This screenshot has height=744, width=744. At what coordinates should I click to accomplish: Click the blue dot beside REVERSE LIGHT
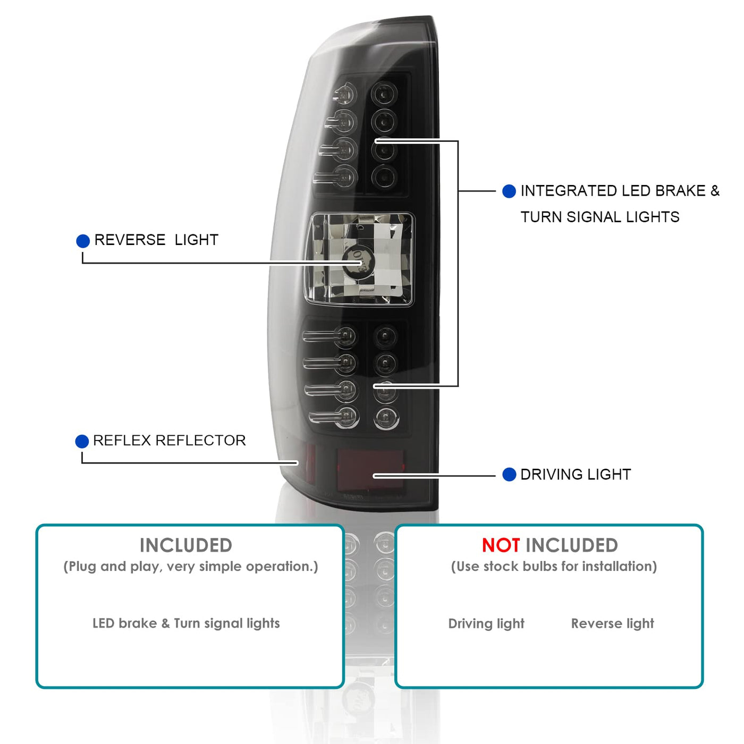point(83,241)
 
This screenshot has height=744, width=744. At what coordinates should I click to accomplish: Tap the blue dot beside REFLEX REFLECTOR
point(82,442)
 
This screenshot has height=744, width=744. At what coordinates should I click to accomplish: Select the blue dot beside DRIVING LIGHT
point(509,475)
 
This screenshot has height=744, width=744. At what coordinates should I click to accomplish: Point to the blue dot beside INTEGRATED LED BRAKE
point(509,191)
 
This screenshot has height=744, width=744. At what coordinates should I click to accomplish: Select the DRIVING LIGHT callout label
point(576,475)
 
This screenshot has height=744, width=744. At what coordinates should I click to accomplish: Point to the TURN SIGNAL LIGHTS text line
point(600,217)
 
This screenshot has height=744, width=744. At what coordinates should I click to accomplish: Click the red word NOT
point(501,545)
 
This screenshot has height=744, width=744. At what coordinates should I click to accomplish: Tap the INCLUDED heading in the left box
point(186,545)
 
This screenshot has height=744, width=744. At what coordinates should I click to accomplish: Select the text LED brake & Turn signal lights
point(186,623)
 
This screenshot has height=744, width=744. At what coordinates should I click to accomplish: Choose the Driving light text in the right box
point(486,623)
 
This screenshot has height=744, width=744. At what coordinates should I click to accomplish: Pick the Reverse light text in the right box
point(612,623)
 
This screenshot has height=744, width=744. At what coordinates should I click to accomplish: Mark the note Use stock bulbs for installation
point(554,567)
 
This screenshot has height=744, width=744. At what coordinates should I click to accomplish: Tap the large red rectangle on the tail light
point(370,469)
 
